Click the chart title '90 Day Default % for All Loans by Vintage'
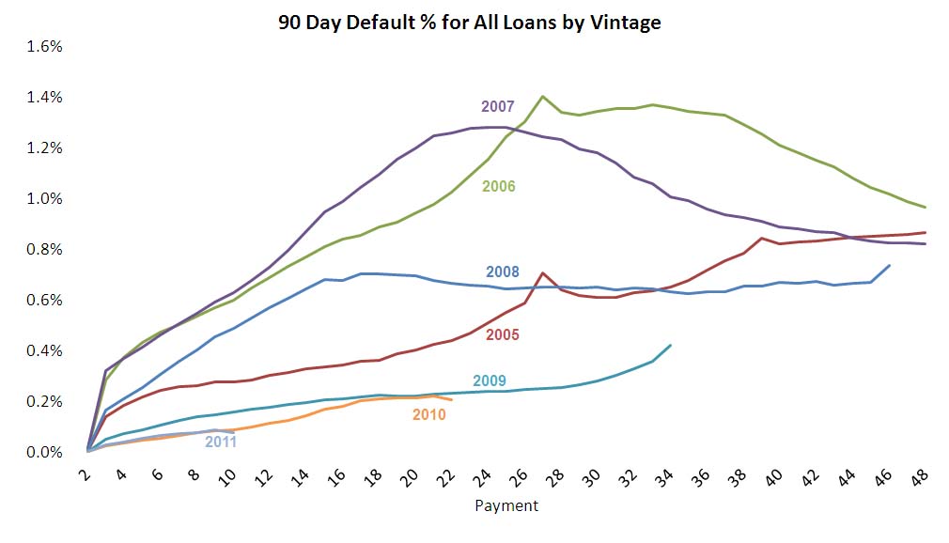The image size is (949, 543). [470, 23]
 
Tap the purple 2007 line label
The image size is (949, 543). [498, 106]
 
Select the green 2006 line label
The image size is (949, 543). [498, 186]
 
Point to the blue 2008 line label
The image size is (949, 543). [503, 273]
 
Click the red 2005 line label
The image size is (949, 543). [503, 334]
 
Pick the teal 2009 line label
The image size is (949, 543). [490, 380]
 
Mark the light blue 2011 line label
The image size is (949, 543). [221, 441]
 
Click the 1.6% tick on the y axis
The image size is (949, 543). [44, 47]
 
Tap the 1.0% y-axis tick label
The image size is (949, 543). [44, 199]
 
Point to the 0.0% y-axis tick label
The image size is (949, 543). [44, 453]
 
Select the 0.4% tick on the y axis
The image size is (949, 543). [44, 351]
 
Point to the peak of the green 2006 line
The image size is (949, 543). [543, 96]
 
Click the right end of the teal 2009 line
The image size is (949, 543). [670, 345]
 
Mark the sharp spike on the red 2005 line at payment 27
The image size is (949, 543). [543, 272]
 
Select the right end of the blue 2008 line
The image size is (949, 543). [889, 266]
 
